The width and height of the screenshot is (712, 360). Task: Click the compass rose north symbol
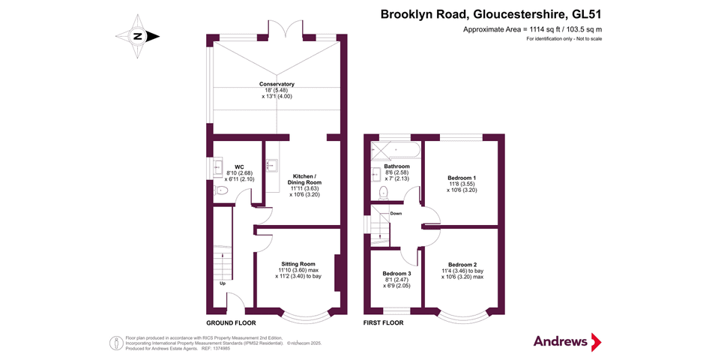tap(138, 36)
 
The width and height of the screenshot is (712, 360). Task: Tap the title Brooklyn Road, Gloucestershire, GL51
tap(491, 14)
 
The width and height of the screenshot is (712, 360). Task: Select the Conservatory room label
tap(277, 84)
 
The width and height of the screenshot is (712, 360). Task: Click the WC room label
tap(239, 166)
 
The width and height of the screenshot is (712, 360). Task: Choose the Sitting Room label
tap(298, 264)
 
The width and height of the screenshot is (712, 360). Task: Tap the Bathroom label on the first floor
tap(396, 166)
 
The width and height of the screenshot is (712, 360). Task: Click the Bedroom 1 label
tap(462, 178)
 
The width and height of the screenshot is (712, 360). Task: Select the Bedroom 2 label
tap(462, 264)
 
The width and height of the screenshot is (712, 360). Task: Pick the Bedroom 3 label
tap(396, 274)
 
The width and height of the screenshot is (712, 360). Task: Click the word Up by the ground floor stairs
tap(223, 283)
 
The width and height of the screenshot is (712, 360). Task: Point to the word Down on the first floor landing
tap(396, 214)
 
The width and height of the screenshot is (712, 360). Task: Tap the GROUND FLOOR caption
tap(231, 323)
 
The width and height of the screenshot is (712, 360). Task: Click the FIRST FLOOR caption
tap(384, 323)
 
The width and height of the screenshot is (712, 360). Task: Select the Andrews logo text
tap(560, 341)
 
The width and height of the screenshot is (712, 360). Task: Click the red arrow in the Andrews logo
tap(596, 342)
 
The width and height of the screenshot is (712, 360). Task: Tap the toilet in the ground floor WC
tap(221, 191)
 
